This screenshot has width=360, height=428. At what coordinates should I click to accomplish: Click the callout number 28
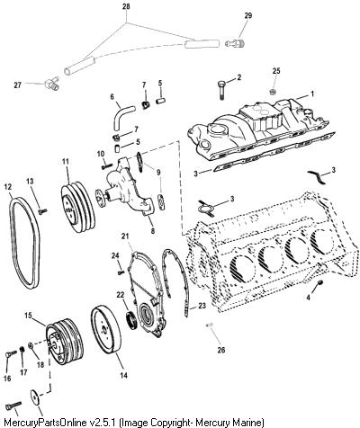pos(126,7)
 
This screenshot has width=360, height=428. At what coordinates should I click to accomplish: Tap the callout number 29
pos(248,15)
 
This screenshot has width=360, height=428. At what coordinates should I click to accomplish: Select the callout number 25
pos(276,71)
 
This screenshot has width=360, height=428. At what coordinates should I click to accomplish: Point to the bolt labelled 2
pos(221,90)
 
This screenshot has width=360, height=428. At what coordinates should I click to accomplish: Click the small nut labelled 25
pos(273,92)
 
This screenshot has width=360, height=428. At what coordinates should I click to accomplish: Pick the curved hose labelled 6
pos(121,116)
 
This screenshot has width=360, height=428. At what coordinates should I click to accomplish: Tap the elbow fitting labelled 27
pos(51,83)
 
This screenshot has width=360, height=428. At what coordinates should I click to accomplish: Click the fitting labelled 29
pos(235,43)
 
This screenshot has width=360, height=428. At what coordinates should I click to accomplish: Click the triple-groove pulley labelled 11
pos(78,207)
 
